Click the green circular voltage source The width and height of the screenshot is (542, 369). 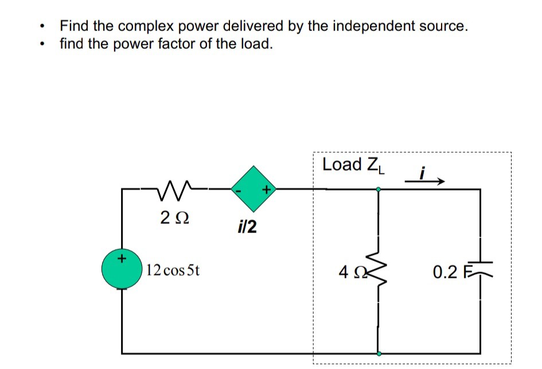(x=122, y=269)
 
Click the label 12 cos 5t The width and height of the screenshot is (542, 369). (x=173, y=270)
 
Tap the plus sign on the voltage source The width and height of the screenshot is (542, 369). (x=121, y=259)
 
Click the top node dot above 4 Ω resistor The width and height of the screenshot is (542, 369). (x=378, y=189)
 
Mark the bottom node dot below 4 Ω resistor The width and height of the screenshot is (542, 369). (x=378, y=354)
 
